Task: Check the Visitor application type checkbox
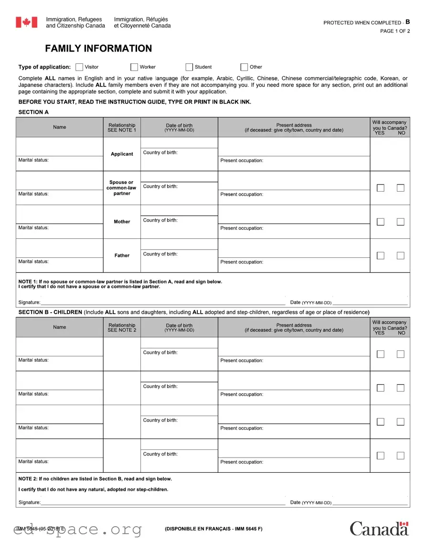tap(79, 67)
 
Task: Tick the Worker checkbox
tap(134, 67)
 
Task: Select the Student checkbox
tap(189, 67)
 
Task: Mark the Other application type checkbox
tap(244, 67)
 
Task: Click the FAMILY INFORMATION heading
tap(98, 49)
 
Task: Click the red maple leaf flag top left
tap(26, 22)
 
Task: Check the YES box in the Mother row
tap(380, 222)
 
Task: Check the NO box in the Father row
tap(400, 255)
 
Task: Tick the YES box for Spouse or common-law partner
tap(380, 188)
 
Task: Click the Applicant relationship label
tap(122, 154)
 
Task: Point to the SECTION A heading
tap(33, 112)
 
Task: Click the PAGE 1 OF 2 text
tap(394, 31)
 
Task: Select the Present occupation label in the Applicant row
tap(242, 161)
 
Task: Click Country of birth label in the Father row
tap(160, 254)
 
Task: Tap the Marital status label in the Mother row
tap(33, 228)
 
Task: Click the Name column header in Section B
tap(60, 327)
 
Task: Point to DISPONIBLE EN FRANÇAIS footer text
tap(213, 529)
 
